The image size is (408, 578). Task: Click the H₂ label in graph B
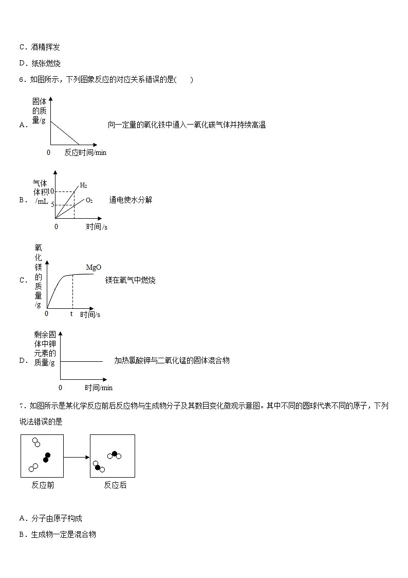[x=83, y=185]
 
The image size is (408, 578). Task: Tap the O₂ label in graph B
[x=89, y=200]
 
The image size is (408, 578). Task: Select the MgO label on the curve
[x=93, y=268]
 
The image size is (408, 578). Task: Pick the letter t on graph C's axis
[x=71, y=313]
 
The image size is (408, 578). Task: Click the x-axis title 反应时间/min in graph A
[x=85, y=152]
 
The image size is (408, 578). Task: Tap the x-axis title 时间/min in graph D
[x=99, y=388]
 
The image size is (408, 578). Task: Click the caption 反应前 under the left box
[x=43, y=485]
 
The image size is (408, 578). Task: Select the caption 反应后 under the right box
[x=115, y=485]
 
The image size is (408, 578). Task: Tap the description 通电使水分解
[x=131, y=200]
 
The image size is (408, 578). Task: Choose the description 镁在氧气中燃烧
[x=131, y=280]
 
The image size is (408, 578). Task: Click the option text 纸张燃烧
[x=46, y=63]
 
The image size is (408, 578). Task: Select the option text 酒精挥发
[x=46, y=47]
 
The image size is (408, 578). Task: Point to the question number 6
[x=21, y=80]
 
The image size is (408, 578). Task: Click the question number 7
[x=21, y=406]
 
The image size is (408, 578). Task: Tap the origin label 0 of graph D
[x=60, y=388]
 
